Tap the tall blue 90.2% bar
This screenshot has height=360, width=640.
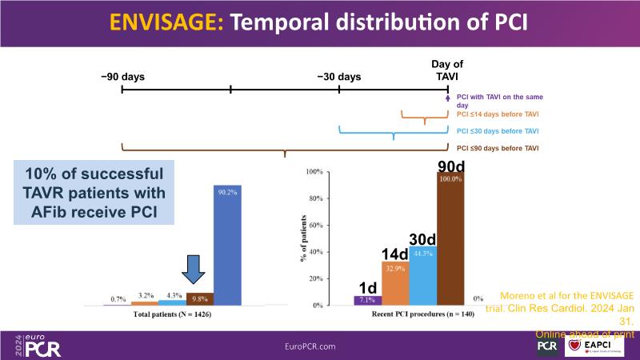coord(227,245)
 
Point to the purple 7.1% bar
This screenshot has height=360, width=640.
coord(367,301)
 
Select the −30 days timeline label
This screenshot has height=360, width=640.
coord(338,77)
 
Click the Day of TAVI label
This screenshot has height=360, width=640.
coord(447,70)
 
